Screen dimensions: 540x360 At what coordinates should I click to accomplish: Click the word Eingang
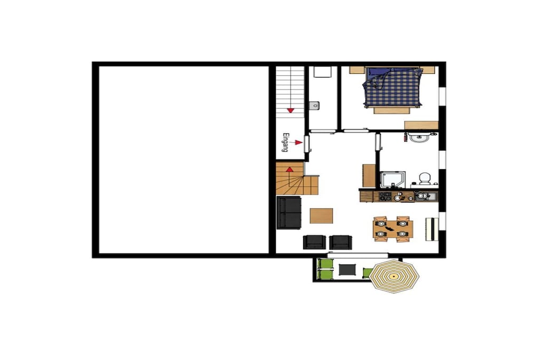285,142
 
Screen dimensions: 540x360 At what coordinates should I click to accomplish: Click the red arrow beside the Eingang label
296,142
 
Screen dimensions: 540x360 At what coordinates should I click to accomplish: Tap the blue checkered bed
392,88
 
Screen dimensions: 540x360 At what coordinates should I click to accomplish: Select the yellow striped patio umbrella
393,276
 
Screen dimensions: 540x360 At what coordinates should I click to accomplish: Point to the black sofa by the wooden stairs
290,213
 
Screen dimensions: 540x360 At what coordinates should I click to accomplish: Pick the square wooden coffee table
321,216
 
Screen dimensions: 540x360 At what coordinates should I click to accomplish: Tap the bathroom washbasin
419,138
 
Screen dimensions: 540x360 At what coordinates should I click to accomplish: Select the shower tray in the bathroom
392,180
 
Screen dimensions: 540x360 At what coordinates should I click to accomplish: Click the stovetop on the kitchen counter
385,197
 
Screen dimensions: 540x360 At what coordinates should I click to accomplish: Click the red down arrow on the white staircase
291,111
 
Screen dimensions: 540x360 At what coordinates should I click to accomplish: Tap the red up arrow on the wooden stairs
290,169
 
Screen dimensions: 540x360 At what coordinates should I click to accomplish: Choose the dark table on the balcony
347,269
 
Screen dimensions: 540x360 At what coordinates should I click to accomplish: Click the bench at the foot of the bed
392,111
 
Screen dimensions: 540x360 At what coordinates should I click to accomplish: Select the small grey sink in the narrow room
314,105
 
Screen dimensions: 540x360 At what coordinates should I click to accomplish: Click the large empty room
184,160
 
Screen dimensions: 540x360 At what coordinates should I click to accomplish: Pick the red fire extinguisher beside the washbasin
406,138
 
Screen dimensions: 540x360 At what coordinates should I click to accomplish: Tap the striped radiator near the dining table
432,229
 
